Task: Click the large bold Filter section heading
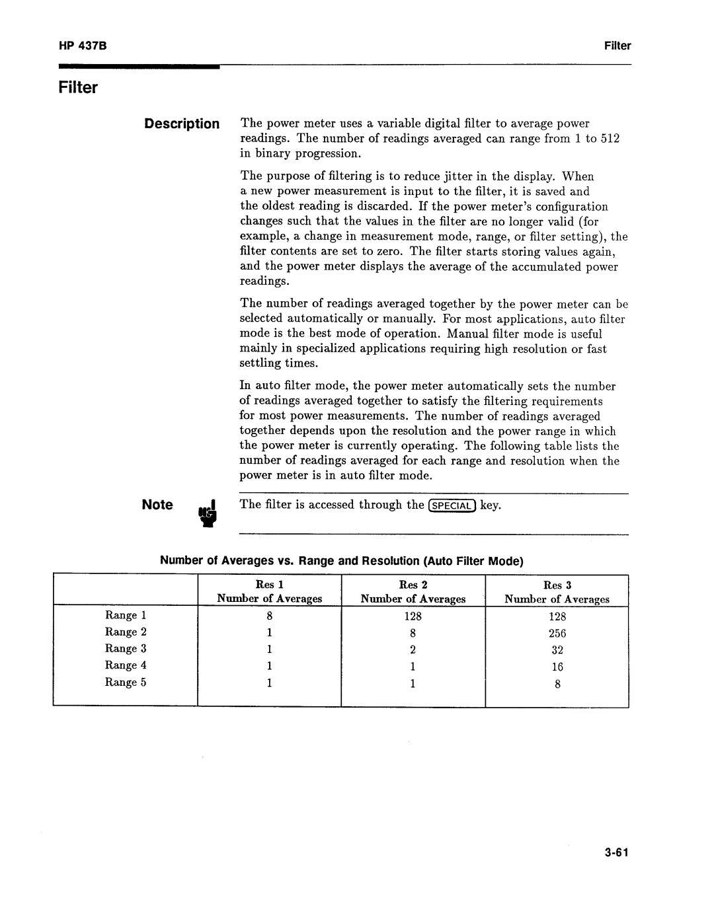[x=78, y=88]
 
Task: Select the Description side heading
[x=182, y=124]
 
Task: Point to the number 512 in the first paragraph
[x=610, y=139]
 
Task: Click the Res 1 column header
[x=269, y=585]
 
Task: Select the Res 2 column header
[x=413, y=585]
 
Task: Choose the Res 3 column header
[x=557, y=585]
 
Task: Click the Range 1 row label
[x=126, y=615]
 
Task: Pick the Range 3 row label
[x=126, y=649]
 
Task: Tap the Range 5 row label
[x=126, y=683]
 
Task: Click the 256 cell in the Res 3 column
[x=557, y=633]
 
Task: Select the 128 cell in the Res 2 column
[x=413, y=616]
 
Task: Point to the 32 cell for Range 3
[x=557, y=650]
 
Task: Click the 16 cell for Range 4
[x=557, y=667]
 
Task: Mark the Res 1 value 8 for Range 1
[x=270, y=616]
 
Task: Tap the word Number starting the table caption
[x=180, y=561]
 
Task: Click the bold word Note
[x=157, y=505]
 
